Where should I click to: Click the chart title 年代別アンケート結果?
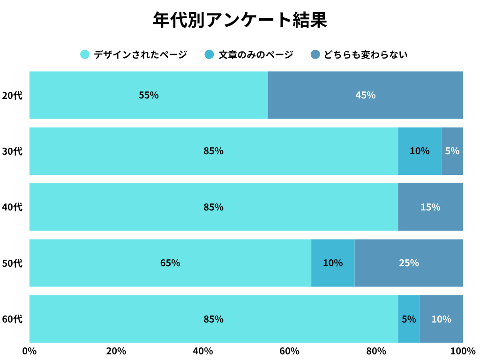pos(240,20)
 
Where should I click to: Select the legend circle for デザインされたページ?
pos(84,54)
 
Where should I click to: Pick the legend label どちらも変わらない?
pos(366,55)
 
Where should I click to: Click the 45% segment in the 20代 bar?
pos(366,95)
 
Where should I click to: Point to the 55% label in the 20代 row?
pos(149,95)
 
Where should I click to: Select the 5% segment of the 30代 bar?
pos(452,151)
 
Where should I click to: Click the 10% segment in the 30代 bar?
pos(420,151)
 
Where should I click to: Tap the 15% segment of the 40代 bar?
pos(430,207)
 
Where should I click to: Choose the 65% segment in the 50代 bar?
pos(170,263)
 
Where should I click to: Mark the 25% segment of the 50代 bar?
pos(409,263)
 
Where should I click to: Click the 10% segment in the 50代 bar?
pos(333,263)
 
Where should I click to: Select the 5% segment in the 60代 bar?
pos(409,319)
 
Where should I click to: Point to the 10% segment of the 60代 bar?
pos(441,319)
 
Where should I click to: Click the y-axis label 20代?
pos(12,95)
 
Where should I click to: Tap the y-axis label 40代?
pos(12,207)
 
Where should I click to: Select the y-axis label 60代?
pos(12,319)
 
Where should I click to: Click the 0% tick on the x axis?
pos(30,351)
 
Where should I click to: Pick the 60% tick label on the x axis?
pos(289,351)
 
